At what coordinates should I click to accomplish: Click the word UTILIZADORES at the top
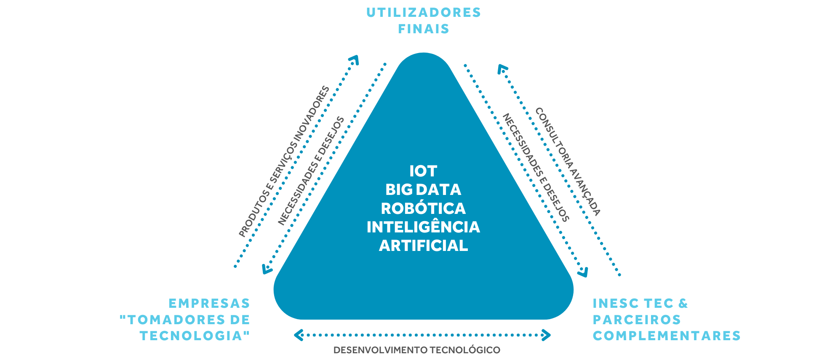click(x=424, y=13)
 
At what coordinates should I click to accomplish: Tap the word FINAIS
click(x=424, y=29)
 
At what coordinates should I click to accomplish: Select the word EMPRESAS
click(x=209, y=304)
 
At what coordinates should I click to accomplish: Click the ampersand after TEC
click(x=683, y=304)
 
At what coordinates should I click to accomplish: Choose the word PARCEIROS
click(x=637, y=320)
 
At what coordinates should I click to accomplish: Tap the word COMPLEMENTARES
click(x=667, y=336)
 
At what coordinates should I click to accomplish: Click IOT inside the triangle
click(x=423, y=171)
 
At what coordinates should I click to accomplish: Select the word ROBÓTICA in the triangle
click(x=423, y=208)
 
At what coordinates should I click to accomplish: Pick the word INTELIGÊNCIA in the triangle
click(x=423, y=227)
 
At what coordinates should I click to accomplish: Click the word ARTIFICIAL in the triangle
click(x=423, y=245)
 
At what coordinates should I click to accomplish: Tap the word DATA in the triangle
click(x=438, y=190)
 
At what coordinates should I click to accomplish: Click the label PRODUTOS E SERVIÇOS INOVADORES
click(x=284, y=162)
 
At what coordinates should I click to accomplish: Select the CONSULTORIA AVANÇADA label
click(x=567, y=162)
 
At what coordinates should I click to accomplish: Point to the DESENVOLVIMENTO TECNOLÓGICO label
click(x=417, y=350)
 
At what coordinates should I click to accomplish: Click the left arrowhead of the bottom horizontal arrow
click(x=299, y=335)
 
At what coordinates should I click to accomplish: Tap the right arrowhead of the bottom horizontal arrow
click(x=546, y=335)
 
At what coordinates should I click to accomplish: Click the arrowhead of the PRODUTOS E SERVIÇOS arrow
click(x=354, y=60)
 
